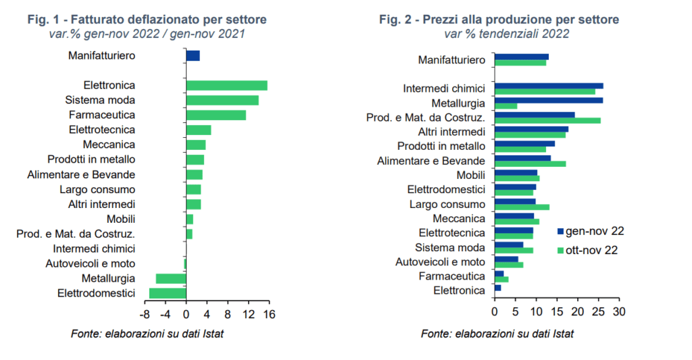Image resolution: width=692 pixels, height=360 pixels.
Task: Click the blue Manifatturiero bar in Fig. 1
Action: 193,55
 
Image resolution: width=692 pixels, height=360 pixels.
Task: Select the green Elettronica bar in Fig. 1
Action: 226,85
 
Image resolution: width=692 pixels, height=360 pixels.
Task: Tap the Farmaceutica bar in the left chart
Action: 216,115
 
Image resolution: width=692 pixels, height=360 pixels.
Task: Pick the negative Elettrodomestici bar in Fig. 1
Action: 168,293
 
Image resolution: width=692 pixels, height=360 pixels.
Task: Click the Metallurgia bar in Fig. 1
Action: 170,278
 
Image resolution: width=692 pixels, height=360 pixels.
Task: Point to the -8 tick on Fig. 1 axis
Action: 145,314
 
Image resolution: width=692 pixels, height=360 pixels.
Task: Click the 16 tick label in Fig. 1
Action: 269,314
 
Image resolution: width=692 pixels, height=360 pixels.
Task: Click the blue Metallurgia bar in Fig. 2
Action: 549,101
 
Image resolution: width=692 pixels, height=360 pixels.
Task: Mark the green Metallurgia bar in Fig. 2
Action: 506,106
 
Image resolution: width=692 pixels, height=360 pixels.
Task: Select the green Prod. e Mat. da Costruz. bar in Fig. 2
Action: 547,121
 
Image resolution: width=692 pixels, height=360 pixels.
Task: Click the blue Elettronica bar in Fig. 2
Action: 498,288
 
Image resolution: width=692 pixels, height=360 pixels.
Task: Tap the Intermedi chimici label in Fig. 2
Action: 444,88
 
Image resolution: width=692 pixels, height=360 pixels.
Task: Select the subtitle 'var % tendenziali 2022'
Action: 506,34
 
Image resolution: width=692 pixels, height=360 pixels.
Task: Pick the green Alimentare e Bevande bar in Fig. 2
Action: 530,163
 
